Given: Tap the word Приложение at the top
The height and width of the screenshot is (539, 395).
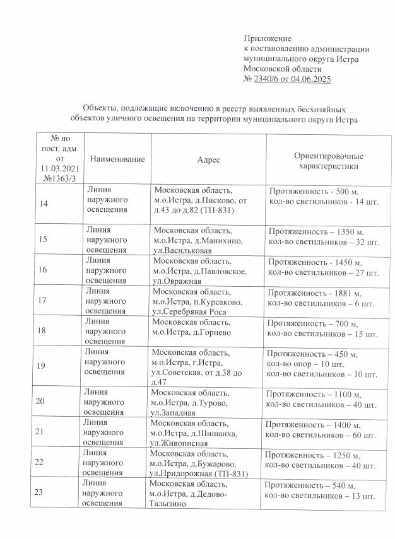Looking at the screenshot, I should point(267,39).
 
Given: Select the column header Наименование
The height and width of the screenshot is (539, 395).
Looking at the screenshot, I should point(118,159).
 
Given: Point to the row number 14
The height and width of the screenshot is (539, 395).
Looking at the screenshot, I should point(44,204).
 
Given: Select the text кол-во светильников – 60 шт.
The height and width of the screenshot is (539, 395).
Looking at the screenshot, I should point(321,435).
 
